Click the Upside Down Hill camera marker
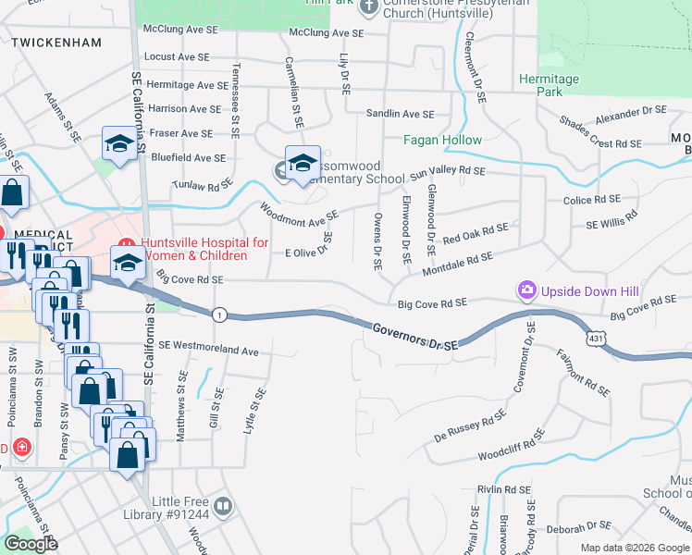[x=526, y=291]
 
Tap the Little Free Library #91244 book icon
[x=222, y=506]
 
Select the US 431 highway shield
[x=599, y=341]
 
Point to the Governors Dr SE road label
[x=416, y=336]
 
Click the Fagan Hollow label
[x=442, y=141]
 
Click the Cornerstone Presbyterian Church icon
[x=369, y=8]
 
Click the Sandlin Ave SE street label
[x=400, y=114]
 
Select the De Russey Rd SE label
[x=470, y=423]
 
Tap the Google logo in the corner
[x=31, y=544]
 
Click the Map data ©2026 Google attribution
[x=634, y=548]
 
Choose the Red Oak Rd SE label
[x=476, y=233]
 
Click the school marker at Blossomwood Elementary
[x=302, y=163]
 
